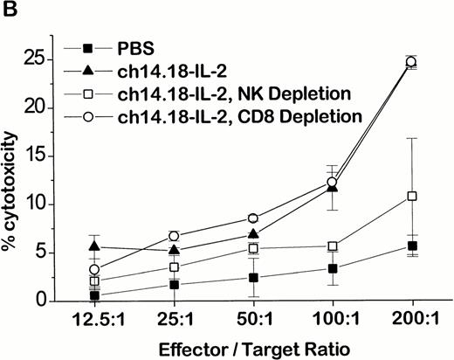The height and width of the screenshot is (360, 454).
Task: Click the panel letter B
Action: coord(10,9)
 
